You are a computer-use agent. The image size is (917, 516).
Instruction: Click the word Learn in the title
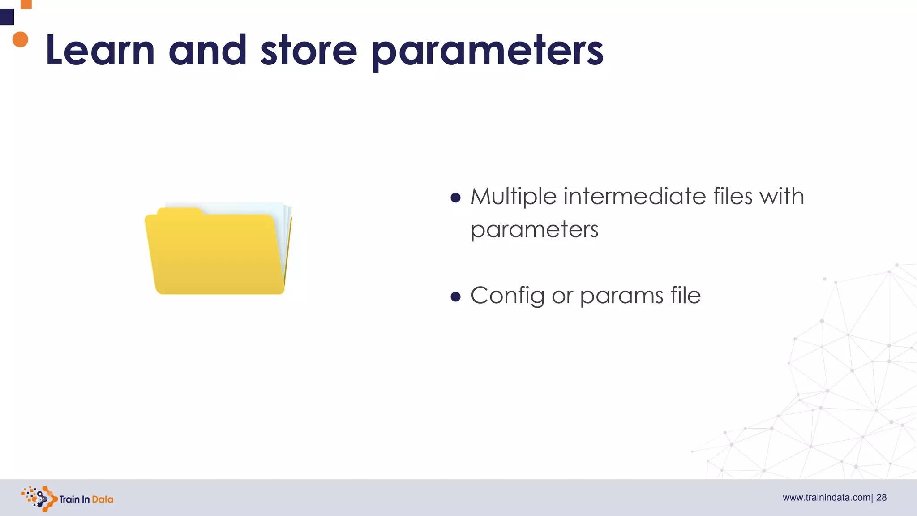pos(100,50)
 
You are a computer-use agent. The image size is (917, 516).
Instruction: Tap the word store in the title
pos(309,50)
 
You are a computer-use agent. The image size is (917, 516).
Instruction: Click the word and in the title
pos(207,50)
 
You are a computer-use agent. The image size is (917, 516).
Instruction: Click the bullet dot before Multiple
pos(455,198)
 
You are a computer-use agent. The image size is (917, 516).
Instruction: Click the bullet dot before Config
pos(455,297)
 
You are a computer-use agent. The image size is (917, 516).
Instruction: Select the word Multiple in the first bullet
pos(513,197)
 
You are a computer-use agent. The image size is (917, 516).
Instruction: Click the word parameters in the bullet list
pos(534,230)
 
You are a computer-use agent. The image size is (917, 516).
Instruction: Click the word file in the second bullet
pos(686,295)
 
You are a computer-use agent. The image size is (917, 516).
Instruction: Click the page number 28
pos(881,498)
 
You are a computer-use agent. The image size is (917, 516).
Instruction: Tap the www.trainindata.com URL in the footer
pos(826,498)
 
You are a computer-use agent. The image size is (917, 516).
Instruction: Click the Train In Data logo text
pos(86,499)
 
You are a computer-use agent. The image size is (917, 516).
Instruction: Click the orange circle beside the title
pos(20,39)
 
